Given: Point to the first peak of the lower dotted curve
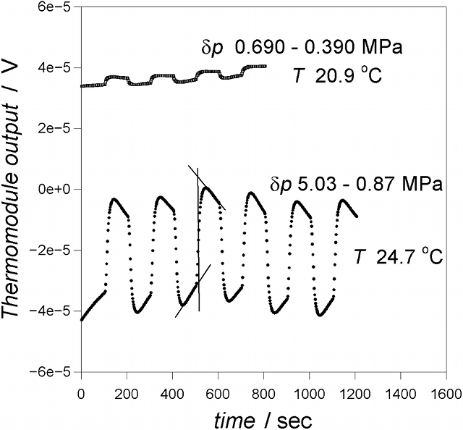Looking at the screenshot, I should tap(114, 198).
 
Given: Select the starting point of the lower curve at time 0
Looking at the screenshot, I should tap(81, 319).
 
